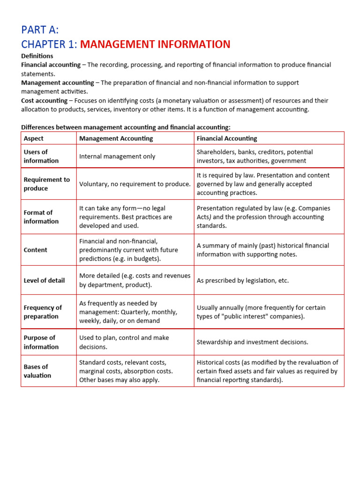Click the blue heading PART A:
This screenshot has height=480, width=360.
(x=40, y=30)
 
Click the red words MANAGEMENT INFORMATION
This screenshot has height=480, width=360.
(x=155, y=45)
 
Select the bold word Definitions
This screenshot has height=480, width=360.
(x=37, y=56)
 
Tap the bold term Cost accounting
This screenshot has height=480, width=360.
(x=44, y=100)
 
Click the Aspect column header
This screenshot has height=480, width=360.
(x=34, y=138)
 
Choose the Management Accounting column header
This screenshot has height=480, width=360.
(x=116, y=138)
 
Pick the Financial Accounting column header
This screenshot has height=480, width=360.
(x=227, y=138)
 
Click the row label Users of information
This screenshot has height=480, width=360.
(x=41, y=156)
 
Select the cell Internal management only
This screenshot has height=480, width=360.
(x=117, y=157)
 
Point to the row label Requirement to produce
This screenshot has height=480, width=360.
(x=46, y=184)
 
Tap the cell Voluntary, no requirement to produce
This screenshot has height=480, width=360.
(x=135, y=184)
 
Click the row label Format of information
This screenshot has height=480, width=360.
(x=41, y=217)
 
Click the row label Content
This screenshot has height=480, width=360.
(x=36, y=250)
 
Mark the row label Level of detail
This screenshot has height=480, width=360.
(x=44, y=280)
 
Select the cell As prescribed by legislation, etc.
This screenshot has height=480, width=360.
(x=243, y=280)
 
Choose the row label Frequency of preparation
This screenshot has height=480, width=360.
(x=43, y=312)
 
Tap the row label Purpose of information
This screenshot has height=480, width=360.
(x=41, y=342)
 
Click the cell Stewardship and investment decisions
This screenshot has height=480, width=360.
(x=252, y=342)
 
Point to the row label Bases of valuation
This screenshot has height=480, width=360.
(x=37, y=371)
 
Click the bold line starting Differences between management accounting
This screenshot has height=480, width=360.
(x=126, y=127)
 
